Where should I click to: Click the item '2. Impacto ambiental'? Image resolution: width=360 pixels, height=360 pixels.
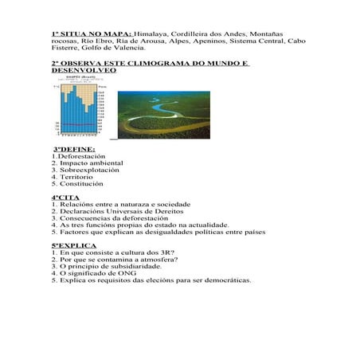coord(88,163)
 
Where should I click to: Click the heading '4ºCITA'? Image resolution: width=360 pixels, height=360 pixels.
coord(66,197)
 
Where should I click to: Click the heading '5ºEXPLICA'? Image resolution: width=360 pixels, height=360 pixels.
coord(74,245)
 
